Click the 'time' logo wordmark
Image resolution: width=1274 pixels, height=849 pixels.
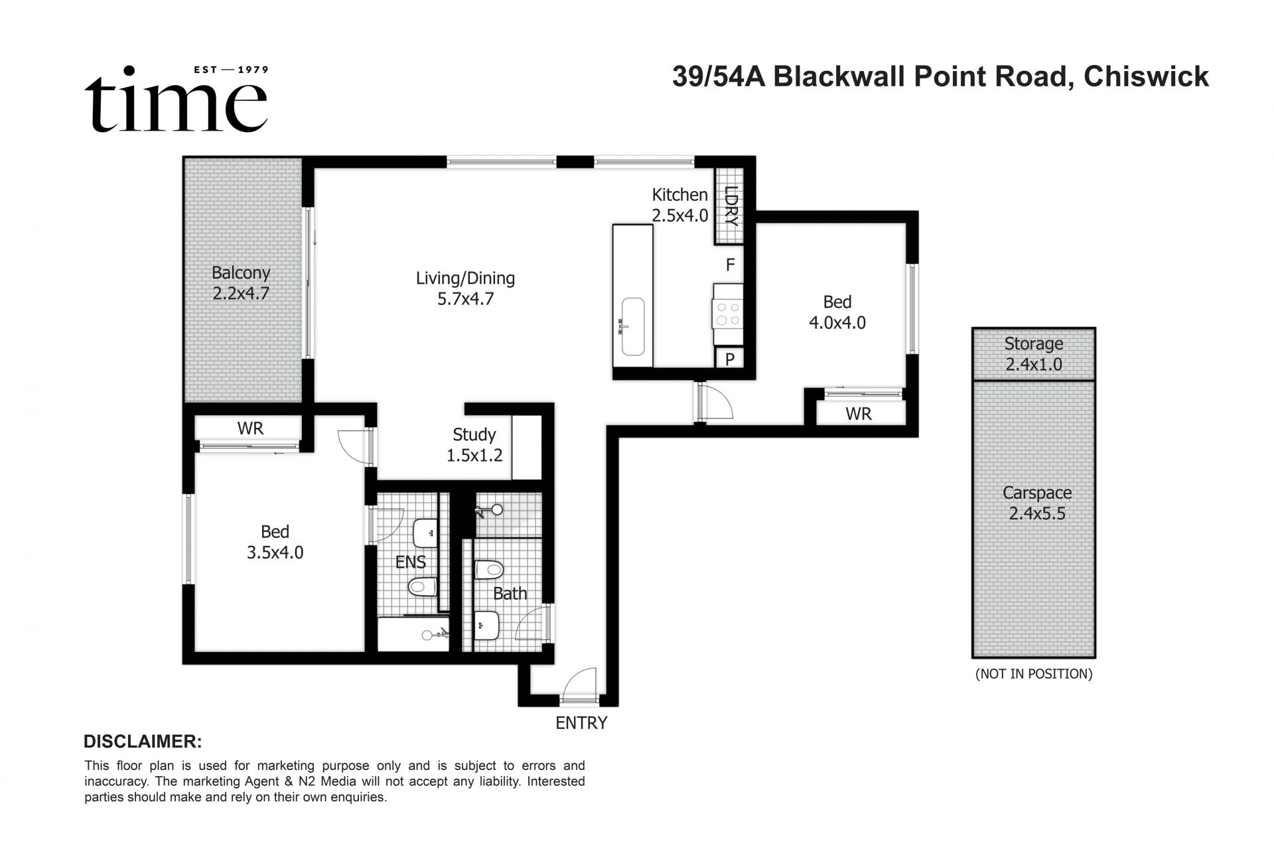[x=176, y=103]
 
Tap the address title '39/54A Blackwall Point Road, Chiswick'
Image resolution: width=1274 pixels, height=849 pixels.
[x=940, y=77]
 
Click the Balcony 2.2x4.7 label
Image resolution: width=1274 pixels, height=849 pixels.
[x=241, y=283]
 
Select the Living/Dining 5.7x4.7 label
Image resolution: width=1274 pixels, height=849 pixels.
[x=465, y=288]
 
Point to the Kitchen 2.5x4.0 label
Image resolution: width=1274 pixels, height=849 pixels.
[x=679, y=204]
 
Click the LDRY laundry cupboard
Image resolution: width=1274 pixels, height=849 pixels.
[x=731, y=206]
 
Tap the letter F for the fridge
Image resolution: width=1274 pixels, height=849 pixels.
[x=730, y=265]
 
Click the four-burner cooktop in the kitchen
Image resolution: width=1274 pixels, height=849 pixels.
[x=727, y=313]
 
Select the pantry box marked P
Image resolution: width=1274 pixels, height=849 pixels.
[x=729, y=359]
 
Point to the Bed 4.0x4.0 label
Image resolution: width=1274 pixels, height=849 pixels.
[x=837, y=312]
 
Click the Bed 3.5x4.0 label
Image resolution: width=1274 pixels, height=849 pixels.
[x=275, y=542]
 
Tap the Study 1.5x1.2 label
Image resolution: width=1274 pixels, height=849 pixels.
[x=474, y=444]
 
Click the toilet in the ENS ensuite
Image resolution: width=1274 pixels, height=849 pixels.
[x=422, y=586]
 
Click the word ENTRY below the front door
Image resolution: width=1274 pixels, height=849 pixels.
[x=581, y=723]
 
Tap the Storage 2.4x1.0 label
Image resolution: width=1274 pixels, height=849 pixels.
[x=1033, y=354]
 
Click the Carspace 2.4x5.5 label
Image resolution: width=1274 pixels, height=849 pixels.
[x=1036, y=503]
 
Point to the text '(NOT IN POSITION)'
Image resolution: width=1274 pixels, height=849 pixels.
[x=1033, y=674]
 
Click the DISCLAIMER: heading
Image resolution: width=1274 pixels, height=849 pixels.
[x=143, y=742]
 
